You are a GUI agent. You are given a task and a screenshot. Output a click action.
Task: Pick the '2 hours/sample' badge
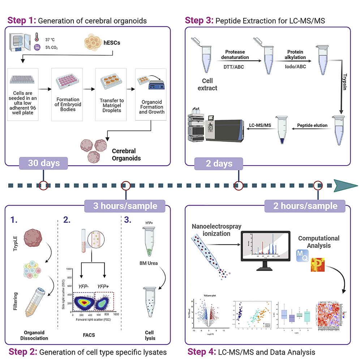pos(305,206)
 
